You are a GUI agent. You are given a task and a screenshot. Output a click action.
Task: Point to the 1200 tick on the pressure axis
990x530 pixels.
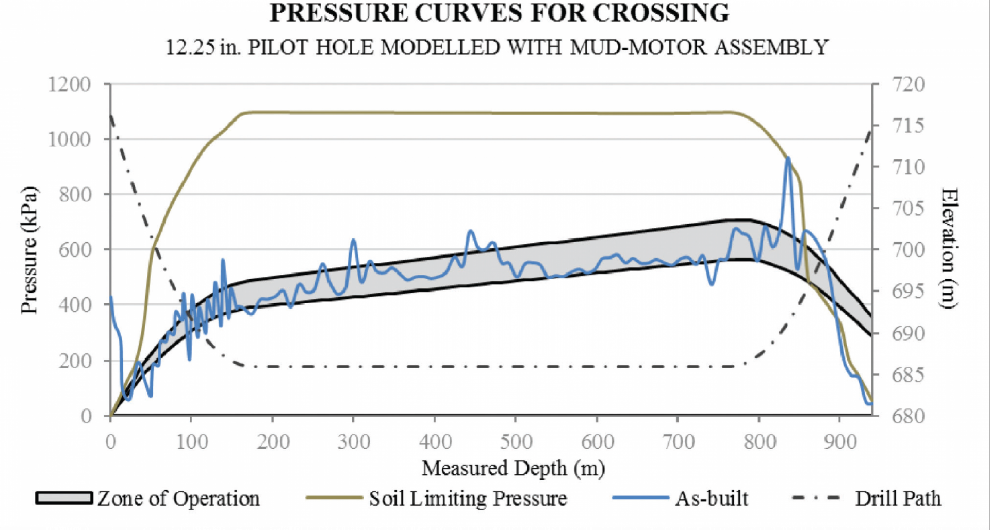(x=69, y=84)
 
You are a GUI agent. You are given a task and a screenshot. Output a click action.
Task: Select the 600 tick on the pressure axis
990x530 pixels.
(x=74, y=250)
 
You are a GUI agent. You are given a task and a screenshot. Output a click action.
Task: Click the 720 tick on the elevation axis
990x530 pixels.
(x=908, y=84)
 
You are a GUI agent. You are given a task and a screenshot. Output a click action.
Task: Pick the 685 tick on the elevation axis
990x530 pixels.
(x=908, y=374)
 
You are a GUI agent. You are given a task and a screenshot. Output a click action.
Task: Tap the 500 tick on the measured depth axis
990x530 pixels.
(x=516, y=442)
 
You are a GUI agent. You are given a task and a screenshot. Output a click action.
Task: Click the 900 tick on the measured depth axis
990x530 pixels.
(x=840, y=442)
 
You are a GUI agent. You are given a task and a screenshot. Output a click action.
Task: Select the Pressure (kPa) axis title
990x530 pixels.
(x=29, y=250)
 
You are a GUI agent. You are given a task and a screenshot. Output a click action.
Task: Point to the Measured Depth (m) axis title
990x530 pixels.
(x=513, y=468)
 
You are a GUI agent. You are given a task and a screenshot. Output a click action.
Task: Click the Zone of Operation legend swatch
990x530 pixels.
(x=64, y=498)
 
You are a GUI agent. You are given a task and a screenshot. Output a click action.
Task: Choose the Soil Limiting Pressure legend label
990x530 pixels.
(x=468, y=499)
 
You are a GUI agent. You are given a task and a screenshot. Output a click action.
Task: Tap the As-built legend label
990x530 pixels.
(x=712, y=499)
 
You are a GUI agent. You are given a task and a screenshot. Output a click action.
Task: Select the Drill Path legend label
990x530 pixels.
(x=898, y=499)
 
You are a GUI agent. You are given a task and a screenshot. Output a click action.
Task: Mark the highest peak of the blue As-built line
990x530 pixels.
(x=788, y=158)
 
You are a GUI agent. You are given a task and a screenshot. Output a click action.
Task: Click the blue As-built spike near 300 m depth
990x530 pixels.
(x=353, y=240)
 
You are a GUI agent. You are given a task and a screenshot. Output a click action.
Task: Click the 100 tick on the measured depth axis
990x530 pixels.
(x=192, y=442)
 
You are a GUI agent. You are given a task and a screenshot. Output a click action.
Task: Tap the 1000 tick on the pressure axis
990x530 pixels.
(x=69, y=140)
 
